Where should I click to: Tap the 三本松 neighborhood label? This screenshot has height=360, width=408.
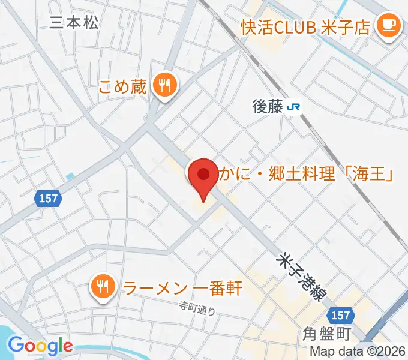pyautogui.click(x=74, y=22)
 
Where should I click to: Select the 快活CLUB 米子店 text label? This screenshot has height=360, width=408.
pyautogui.click(x=305, y=27)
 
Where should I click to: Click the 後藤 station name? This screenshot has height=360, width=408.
pyautogui.click(x=267, y=107)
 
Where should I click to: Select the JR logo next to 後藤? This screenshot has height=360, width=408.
pyautogui.click(x=294, y=107)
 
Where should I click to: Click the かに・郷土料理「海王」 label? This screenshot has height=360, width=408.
pyautogui.click(x=305, y=175)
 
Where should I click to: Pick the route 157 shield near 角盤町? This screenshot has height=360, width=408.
pyautogui.click(x=340, y=315)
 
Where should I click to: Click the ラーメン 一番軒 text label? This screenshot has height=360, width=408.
pyautogui.click(x=181, y=288)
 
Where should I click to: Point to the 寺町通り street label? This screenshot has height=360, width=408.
pyautogui.click(x=197, y=308)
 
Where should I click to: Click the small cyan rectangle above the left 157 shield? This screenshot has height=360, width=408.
pyautogui.click(x=71, y=176)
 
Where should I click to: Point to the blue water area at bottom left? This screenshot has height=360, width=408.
pyautogui.click(x=7, y=333)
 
